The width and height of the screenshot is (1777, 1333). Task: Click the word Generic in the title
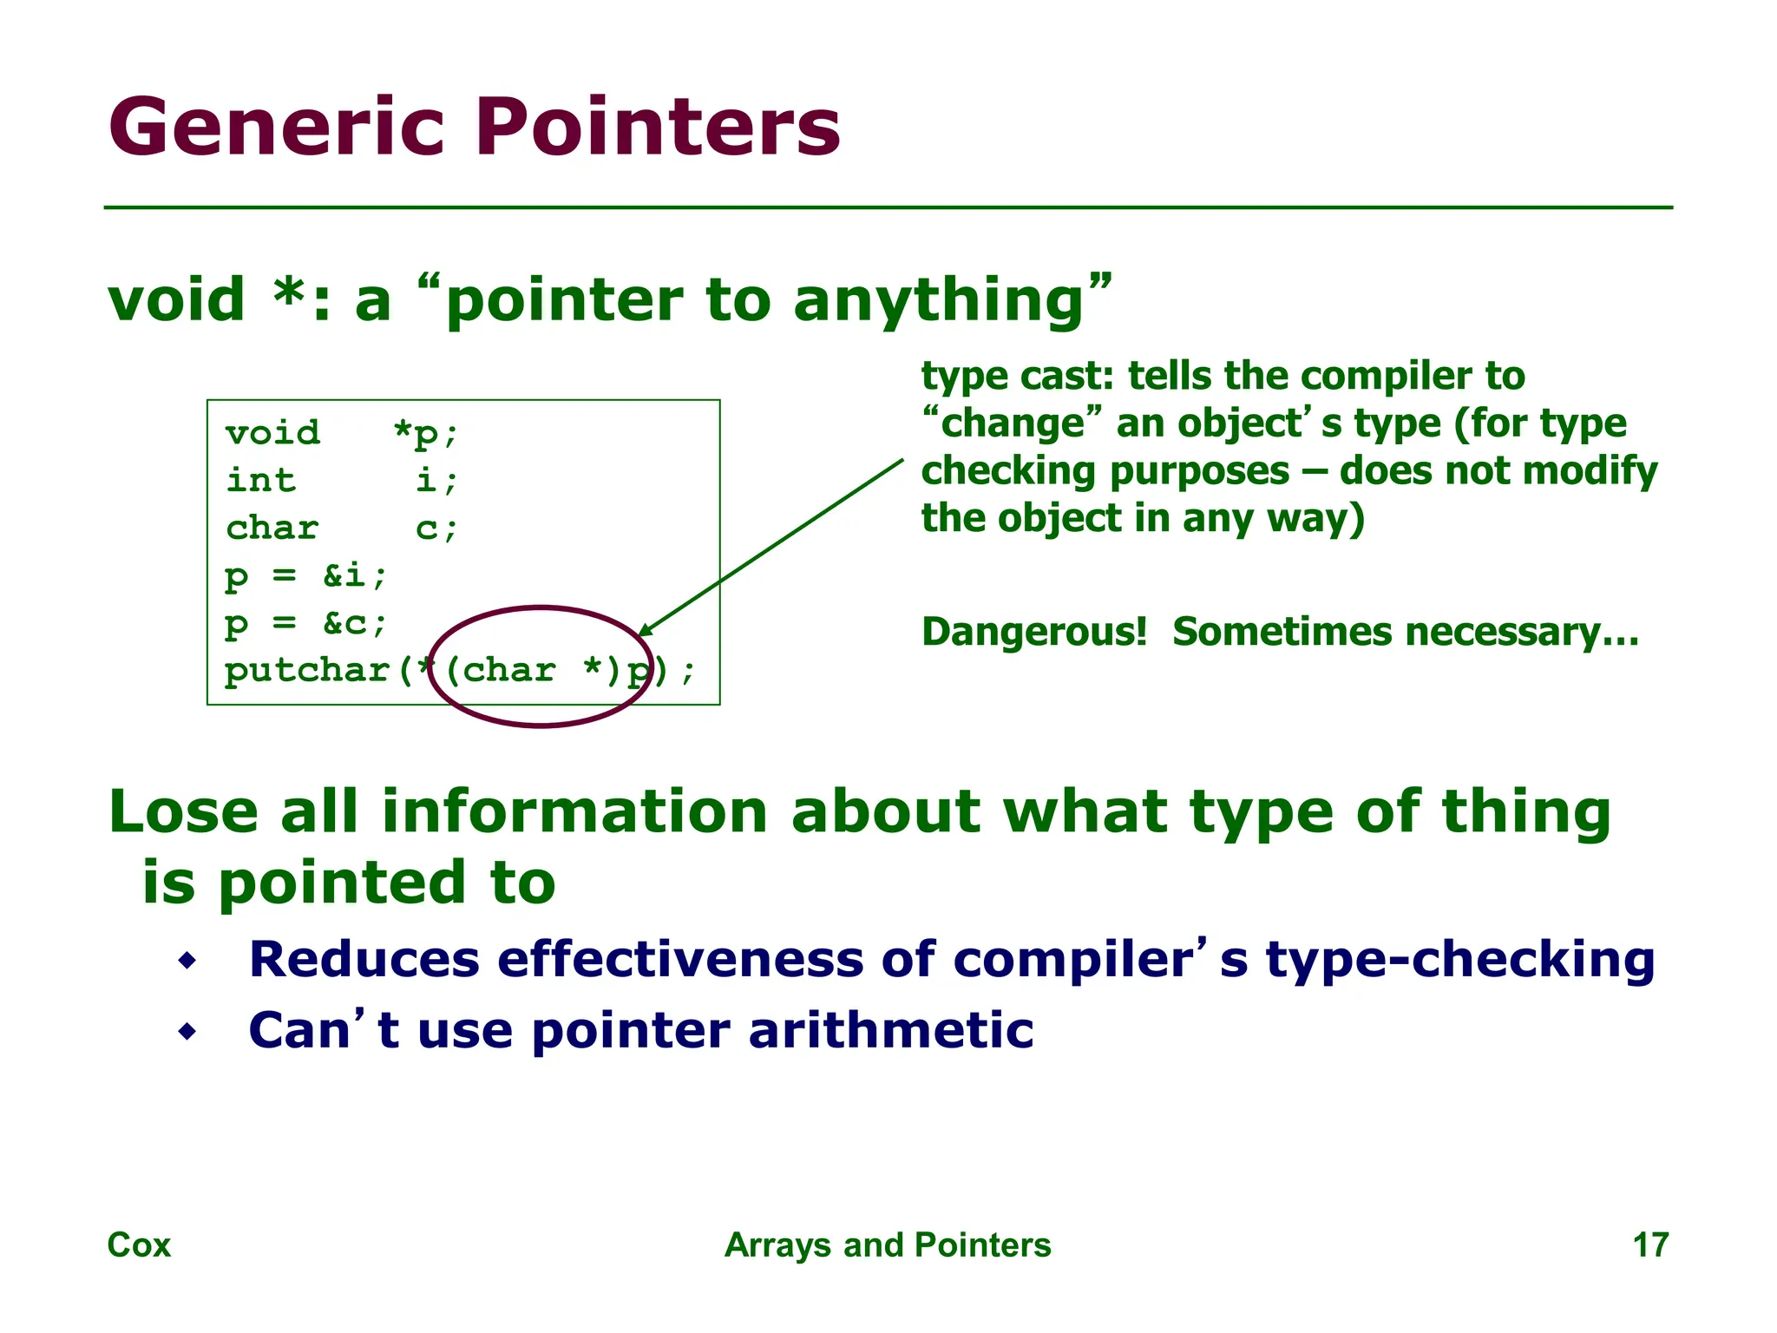(x=276, y=128)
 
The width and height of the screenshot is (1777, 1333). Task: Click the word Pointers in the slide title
(x=658, y=128)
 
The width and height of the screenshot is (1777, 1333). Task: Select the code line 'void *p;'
(x=342, y=432)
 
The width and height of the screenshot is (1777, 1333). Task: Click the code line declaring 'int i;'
(x=342, y=480)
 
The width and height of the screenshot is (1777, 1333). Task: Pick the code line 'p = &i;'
(x=305, y=575)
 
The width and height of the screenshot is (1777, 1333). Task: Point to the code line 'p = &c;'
(x=305, y=623)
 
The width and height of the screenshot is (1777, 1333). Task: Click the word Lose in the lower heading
(x=183, y=812)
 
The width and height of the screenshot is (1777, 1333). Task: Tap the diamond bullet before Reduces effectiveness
(x=187, y=961)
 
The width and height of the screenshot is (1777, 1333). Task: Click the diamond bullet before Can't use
(x=187, y=1032)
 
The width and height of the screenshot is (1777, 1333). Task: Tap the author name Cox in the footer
(x=139, y=1245)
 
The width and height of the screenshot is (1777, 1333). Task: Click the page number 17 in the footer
(x=1649, y=1245)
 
